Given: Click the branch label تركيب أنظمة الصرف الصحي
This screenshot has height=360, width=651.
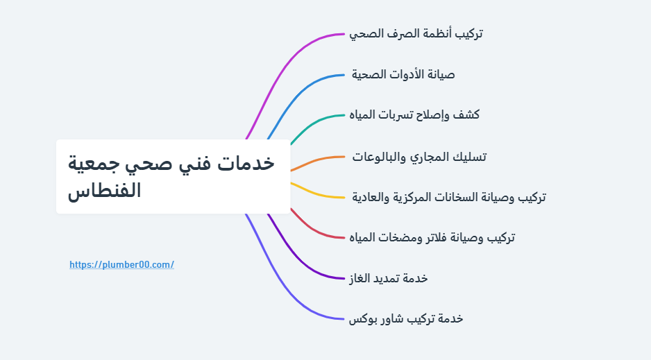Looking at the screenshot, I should pyautogui.click(x=416, y=33).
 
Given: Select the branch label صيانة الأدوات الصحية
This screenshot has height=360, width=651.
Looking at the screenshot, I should pyautogui.click(x=403, y=74).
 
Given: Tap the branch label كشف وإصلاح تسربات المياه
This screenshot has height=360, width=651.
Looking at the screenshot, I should pyautogui.click(x=414, y=114).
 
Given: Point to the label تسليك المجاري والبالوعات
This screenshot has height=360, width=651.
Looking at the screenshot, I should pyautogui.click(x=419, y=157).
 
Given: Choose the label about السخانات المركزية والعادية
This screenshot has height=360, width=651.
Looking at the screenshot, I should pyautogui.click(x=448, y=197).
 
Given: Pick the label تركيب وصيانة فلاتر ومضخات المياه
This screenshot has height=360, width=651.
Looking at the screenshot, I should pyautogui.click(x=432, y=238).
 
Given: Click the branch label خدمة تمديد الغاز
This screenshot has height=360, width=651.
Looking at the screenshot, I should pyautogui.click(x=389, y=278).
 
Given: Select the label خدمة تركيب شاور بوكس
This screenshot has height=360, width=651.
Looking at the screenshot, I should pyautogui.click(x=406, y=318).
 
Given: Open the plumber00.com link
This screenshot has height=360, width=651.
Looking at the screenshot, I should pyautogui.click(x=121, y=264).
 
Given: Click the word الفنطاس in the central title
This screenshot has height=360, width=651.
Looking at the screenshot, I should pyautogui.click(x=104, y=190).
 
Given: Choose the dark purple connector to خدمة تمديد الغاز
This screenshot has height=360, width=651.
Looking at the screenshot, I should pyautogui.click(x=305, y=264).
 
